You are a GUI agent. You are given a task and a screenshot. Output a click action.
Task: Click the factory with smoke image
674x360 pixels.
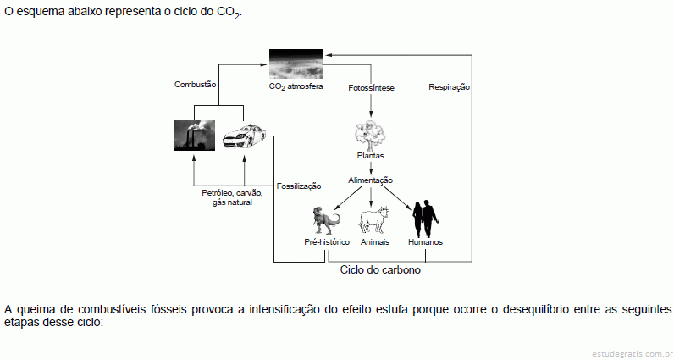[x=194, y=136]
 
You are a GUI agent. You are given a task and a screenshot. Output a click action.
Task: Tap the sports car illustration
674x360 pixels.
[x=244, y=136]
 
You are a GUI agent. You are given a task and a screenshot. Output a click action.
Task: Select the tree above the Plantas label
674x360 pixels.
[x=370, y=134]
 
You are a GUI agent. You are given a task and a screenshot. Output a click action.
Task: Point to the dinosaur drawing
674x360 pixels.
[x=325, y=220]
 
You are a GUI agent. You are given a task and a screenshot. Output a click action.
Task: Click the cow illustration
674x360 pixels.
[x=374, y=220]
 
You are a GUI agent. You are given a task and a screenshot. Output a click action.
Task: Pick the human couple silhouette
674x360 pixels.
[x=425, y=219]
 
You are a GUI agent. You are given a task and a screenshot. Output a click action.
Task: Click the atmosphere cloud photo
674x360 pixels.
[x=296, y=64]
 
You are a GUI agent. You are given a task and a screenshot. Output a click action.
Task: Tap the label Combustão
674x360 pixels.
[x=195, y=85]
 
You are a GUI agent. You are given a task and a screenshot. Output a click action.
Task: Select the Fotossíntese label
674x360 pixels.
[x=371, y=88]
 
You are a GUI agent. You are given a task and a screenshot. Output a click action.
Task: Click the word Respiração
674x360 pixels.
[x=449, y=87]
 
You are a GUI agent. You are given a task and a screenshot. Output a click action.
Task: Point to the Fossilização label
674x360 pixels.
[x=299, y=186]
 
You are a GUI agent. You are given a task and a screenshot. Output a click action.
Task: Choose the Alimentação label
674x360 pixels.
[x=371, y=180]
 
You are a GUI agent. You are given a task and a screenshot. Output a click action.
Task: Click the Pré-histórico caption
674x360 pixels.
[x=327, y=242]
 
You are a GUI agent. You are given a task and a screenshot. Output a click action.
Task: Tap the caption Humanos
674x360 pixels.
[x=425, y=242]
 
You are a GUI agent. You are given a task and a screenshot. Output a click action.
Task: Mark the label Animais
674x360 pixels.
[x=375, y=242]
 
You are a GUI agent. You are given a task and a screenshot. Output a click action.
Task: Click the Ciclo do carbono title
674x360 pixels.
[x=380, y=270]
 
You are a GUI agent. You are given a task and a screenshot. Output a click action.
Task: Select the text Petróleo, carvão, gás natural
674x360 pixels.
[x=232, y=198]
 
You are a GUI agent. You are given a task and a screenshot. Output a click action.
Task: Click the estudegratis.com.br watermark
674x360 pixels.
[x=632, y=354]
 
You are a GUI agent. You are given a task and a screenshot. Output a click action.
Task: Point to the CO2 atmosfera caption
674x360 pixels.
[x=296, y=86]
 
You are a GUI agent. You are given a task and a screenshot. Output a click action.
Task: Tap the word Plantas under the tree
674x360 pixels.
[x=371, y=156]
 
